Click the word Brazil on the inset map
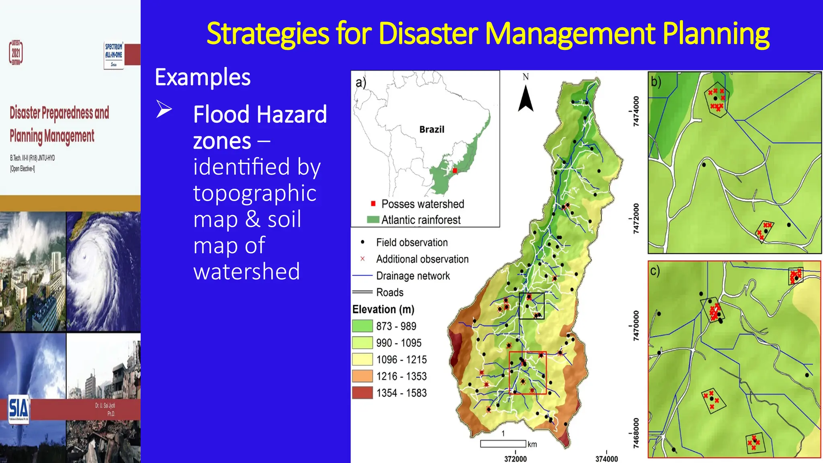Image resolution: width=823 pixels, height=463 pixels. [432, 129]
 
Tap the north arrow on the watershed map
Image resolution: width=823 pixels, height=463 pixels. [526, 98]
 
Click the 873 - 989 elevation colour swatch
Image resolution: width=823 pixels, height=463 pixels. [362, 326]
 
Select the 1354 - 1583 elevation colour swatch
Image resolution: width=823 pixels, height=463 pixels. [362, 393]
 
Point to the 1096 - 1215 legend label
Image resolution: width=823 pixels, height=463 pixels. [401, 360]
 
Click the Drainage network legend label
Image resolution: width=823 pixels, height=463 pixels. [413, 276]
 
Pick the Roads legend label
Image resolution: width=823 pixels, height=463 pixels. [389, 292]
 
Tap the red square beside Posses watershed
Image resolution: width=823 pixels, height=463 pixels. [373, 204]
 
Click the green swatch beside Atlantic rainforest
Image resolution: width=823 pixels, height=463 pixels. [373, 220]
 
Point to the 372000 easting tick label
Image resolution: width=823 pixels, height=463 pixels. [515, 459]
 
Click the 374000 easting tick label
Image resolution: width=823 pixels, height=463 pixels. [606, 459]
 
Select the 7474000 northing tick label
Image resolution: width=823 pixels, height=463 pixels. [636, 111]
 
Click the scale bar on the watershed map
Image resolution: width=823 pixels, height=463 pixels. [503, 444]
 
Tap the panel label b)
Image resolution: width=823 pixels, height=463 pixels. [656, 82]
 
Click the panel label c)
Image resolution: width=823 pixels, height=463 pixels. [655, 271]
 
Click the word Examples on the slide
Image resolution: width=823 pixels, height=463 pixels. [203, 77]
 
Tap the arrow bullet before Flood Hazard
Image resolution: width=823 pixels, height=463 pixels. [164, 109]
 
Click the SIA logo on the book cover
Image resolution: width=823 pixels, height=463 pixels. [18, 408]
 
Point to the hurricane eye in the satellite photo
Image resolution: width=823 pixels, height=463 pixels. [84, 256]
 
